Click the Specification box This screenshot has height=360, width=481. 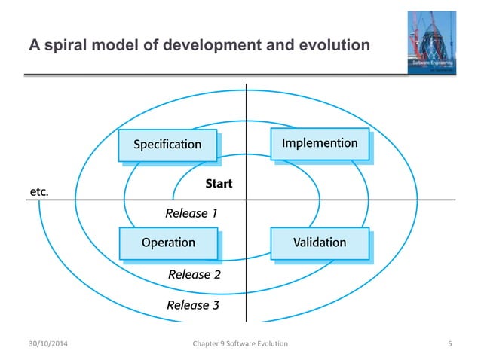(167, 144)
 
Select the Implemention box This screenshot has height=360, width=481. (320, 143)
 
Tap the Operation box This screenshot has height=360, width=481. (168, 243)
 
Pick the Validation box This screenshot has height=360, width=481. (320, 243)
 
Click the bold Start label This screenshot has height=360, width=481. (219, 184)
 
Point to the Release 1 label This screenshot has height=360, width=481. (191, 213)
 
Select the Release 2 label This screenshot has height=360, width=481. (194, 274)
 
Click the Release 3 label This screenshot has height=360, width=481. (193, 305)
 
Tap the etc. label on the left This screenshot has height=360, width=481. (39, 192)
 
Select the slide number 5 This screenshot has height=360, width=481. (449, 344)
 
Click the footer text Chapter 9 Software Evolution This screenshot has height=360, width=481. (240, 344)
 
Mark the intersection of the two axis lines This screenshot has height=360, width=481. (246, 200)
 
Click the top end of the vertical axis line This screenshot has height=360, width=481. (246, 82)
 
